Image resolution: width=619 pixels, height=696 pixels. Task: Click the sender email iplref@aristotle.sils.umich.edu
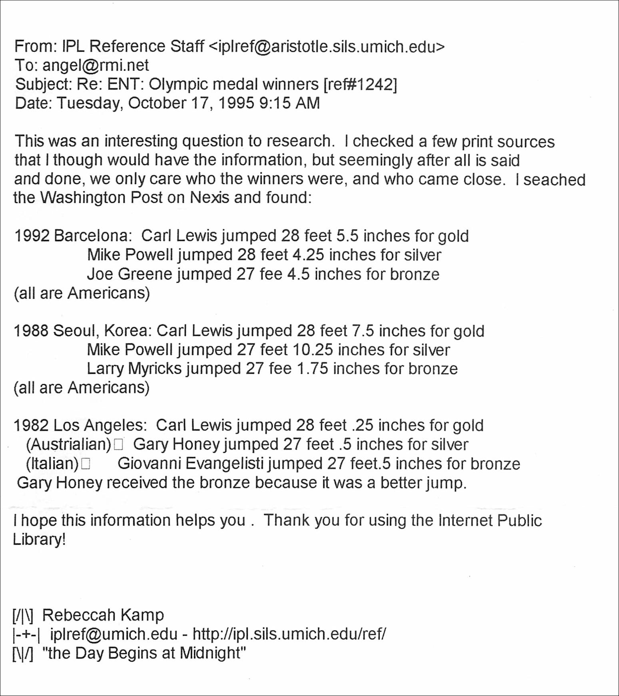pyautogui.click(x=326, y=47)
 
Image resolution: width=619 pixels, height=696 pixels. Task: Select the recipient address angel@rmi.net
pyautogui.click(x=96, y=65)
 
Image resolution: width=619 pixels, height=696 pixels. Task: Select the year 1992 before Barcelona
pyautogui.click(x=32, y=236)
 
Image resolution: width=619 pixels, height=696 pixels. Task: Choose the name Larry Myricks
pyautogui.click(x=134, y=369)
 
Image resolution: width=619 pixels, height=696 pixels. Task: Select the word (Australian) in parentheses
pyautogui.click(x=68, y=444)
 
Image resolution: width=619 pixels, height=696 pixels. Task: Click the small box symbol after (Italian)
pyautogui.click(x=86, y=464)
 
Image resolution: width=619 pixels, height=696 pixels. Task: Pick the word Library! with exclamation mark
pyautogui.click(x=39, y=539)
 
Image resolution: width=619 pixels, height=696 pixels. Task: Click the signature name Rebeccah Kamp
pyautogui.click(x=103, y=615)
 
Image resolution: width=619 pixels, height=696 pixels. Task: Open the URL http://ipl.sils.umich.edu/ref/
pyautogui.click(x=289, y=634)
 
